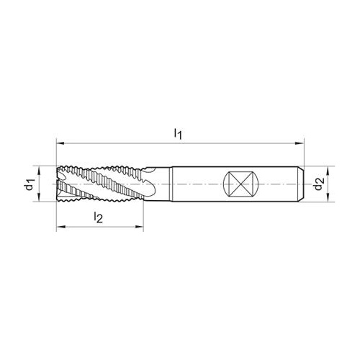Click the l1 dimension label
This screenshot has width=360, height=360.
pos(178,134)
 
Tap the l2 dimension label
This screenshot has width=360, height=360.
pos(98,217)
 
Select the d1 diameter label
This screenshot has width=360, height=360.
pos(30,184)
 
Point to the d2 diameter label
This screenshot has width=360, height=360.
pos(320,184)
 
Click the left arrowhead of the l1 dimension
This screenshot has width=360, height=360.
pos(60,143)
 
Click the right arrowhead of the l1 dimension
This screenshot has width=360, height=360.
pos(300,143)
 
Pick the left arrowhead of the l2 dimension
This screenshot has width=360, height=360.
pos(60,226)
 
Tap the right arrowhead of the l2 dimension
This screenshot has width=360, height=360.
pos(140,226)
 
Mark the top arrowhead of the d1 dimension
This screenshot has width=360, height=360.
pos(39,170)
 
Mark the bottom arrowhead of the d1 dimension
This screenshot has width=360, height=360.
pos(39,197)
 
